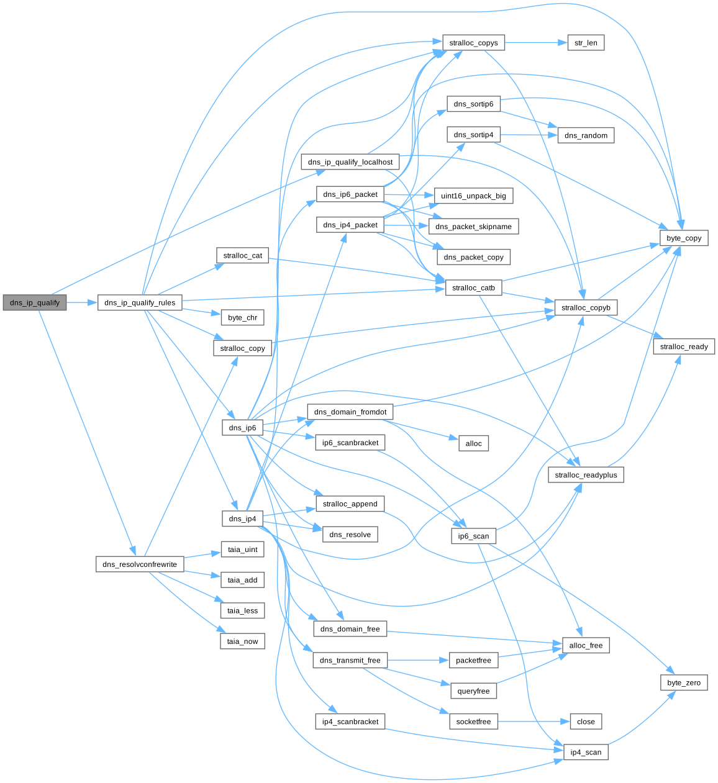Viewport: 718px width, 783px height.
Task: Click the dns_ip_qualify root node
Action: point(35,303)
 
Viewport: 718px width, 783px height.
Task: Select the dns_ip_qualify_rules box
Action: point(140,303)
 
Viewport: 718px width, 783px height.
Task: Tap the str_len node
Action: point(586,43)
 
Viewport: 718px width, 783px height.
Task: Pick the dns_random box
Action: point(586,135)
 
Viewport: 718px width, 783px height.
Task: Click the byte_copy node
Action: point(684,238)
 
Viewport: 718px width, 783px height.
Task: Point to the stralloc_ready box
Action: point(684,346)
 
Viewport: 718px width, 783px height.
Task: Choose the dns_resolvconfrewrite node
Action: point(140,564)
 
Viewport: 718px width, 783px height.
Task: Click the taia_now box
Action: point(242,641)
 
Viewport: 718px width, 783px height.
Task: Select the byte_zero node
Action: point(684,683)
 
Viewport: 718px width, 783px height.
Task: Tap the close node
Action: point(586,722)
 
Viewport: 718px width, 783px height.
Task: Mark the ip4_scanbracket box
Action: point(350,722)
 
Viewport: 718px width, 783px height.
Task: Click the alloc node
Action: point(473,443)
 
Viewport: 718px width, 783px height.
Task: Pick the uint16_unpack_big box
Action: point(473,196)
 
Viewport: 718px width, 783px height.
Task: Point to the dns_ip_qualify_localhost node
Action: point(350,162)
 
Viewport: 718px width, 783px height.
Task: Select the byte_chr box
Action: point(242,318)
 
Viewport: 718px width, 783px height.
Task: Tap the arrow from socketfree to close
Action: point(534,722)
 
